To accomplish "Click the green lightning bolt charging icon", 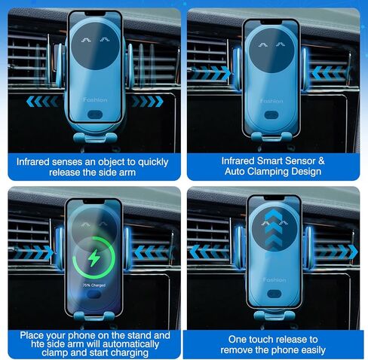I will [94, 258].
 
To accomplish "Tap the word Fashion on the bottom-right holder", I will [274, 279].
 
